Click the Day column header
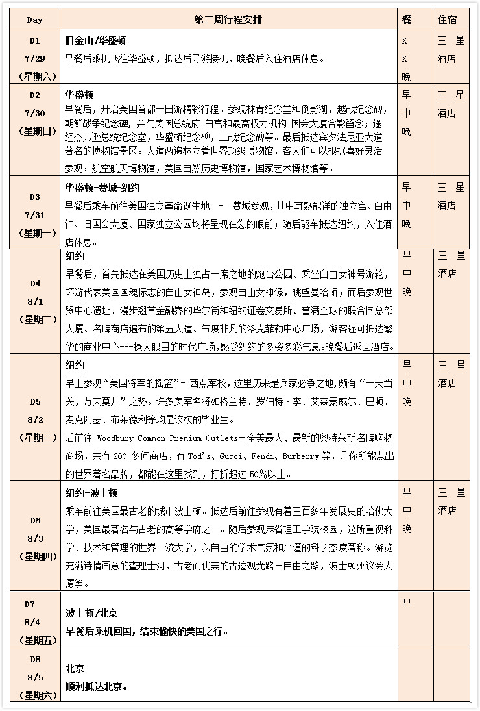point(34,19)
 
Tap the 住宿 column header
point(451,19)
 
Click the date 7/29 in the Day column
point(34,58)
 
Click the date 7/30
point(34,113)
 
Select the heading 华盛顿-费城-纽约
point(102,188)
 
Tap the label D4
point(34,283)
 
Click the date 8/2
point(34,419)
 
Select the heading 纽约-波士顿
point(91,493)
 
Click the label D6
point(34,520)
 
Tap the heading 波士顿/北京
point(91,613)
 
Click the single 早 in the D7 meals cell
point(407,603)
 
